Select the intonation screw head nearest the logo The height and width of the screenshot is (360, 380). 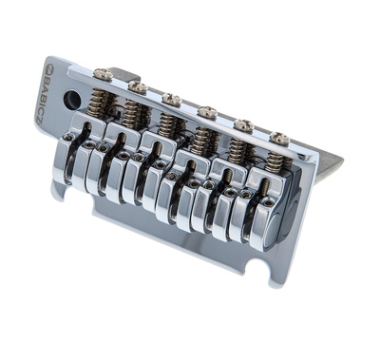click(103, 73)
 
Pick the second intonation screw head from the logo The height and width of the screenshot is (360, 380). click(138, 86)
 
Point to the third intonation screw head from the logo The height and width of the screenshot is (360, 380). click(172, 99)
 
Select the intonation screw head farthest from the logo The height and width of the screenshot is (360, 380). click(279, 139)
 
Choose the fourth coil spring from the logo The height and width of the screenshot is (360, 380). click(202, 140)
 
